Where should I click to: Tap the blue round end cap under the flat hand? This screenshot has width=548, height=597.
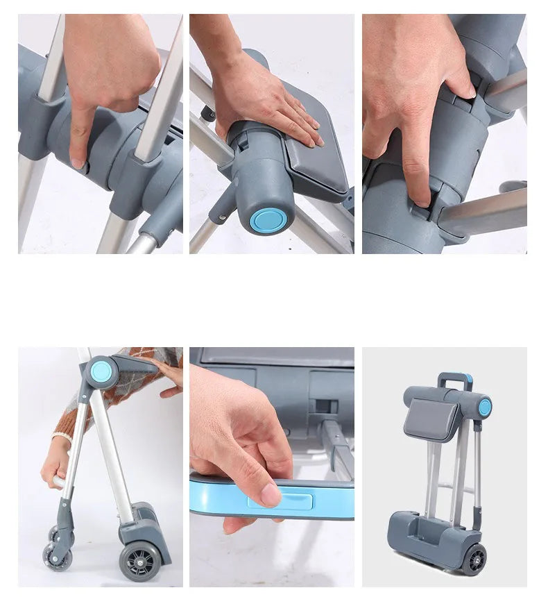coord(268,219)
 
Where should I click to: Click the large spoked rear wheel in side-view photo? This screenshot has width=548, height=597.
coord(139,560)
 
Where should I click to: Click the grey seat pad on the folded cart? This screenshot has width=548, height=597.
coord(431,419)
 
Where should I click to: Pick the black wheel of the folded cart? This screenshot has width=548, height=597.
coord(475,560)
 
